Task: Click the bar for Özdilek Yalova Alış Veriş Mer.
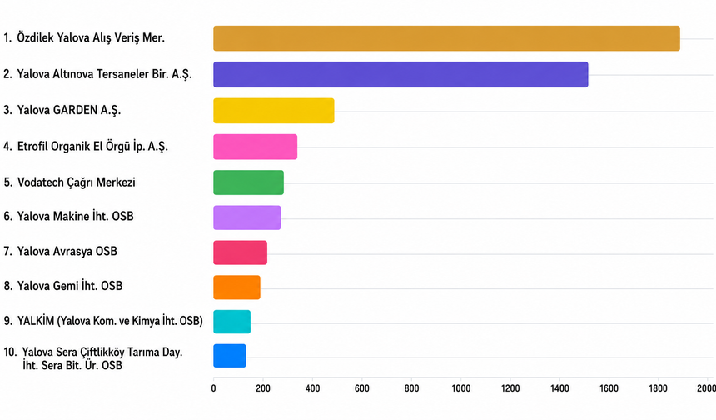click(x=446, y=38)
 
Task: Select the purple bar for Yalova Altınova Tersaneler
click(x=400, y=74)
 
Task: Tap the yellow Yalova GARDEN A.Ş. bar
click(x=274, y=111)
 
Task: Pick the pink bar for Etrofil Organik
click(x=256, y=147)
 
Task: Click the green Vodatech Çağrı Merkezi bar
click(x=248, y=182)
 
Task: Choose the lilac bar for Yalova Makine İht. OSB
click(x=247, y=217)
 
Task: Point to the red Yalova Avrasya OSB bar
click(x=240, y=252)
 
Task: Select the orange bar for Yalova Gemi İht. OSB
click(x=236, y=287)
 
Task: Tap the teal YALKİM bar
click(x=232, y=322)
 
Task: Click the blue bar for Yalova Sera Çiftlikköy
click(x=230, y=356)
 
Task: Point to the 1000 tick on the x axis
click(x=460, y=388)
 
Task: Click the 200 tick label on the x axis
click(x=263, y=388)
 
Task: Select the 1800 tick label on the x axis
click(x=658, y=388)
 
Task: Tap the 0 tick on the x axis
click(x=213, y=388)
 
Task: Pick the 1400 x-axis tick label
click(x=559, y=388)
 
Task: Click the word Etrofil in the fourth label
click(x=32, y=146)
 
